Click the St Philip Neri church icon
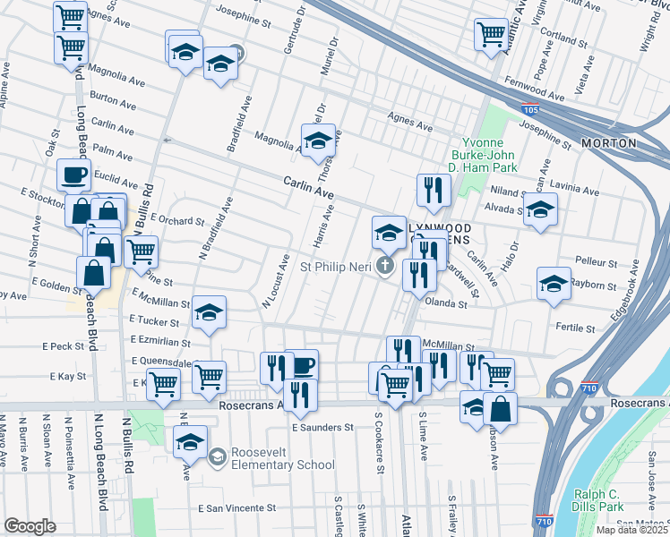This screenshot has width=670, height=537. (385, 266)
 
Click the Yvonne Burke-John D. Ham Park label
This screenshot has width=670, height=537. (489, 155)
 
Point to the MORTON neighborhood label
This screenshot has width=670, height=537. (608, 143)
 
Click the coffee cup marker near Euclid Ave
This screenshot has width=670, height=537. (73, 174)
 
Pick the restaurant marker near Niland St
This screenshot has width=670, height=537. (431, 189)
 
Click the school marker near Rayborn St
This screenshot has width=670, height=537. (554, 282)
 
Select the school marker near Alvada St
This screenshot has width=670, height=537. (540, 210)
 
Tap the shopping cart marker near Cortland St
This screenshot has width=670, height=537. (491, 34)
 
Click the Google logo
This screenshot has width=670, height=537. (30, 526)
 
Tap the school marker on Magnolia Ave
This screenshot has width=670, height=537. (317, 140)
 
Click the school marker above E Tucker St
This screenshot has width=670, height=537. (209, 311)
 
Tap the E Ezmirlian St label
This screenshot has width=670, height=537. (160, 342)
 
